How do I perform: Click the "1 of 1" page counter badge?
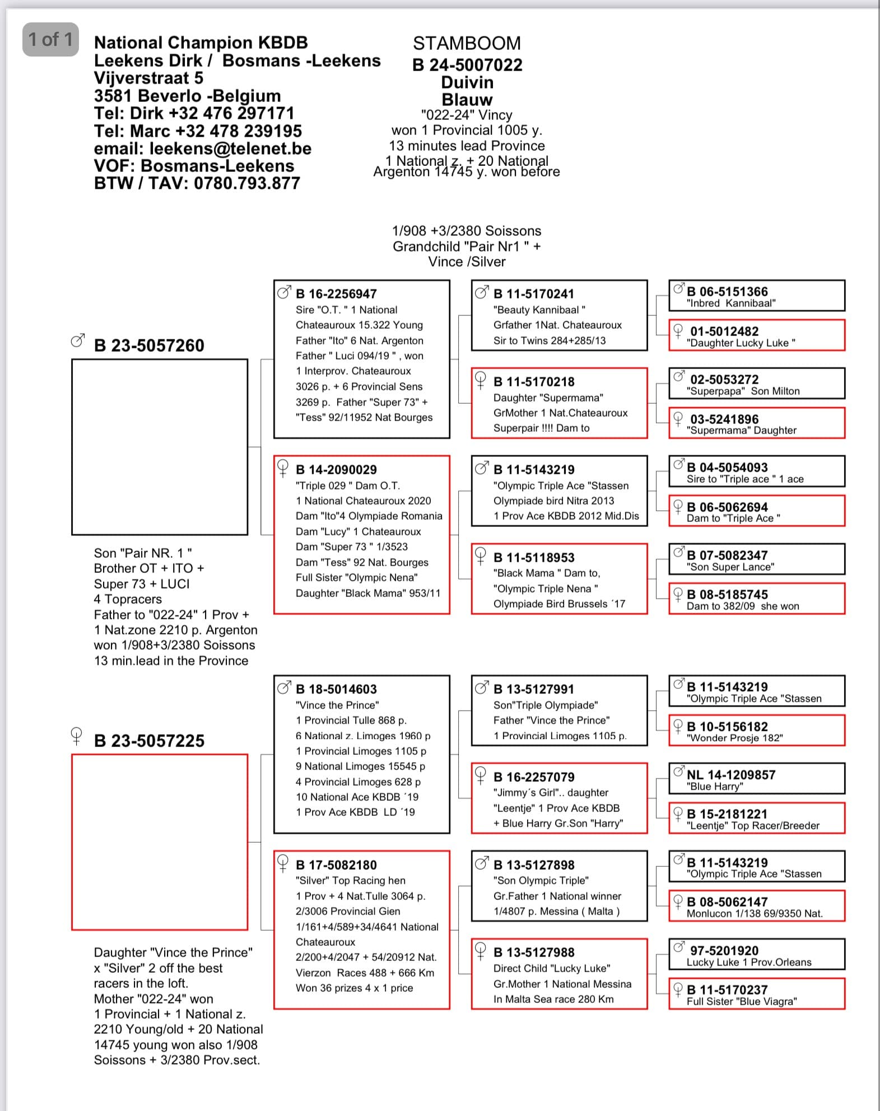click(50, 39)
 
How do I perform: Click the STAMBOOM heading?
click(467, 43)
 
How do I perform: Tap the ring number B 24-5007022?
click(467, 65)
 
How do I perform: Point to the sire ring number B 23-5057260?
click(149, 346)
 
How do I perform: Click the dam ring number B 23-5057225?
click(149, 741)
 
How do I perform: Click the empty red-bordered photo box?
click(160, 842)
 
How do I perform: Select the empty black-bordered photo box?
click(160, 447)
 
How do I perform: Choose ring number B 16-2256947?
click(336, 294)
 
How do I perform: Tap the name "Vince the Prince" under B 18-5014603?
click(337, 705)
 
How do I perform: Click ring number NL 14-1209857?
click(731, 775)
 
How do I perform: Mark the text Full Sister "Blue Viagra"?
click(742, 1001)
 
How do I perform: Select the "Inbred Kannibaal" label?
click(731, 304)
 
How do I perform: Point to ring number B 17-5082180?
click(336, 865)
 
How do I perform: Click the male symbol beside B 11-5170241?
click(481, 292)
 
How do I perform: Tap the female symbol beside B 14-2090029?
click(283, 468)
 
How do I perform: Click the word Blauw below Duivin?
click(467, 100)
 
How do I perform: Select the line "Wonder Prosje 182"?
click(734, 738)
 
